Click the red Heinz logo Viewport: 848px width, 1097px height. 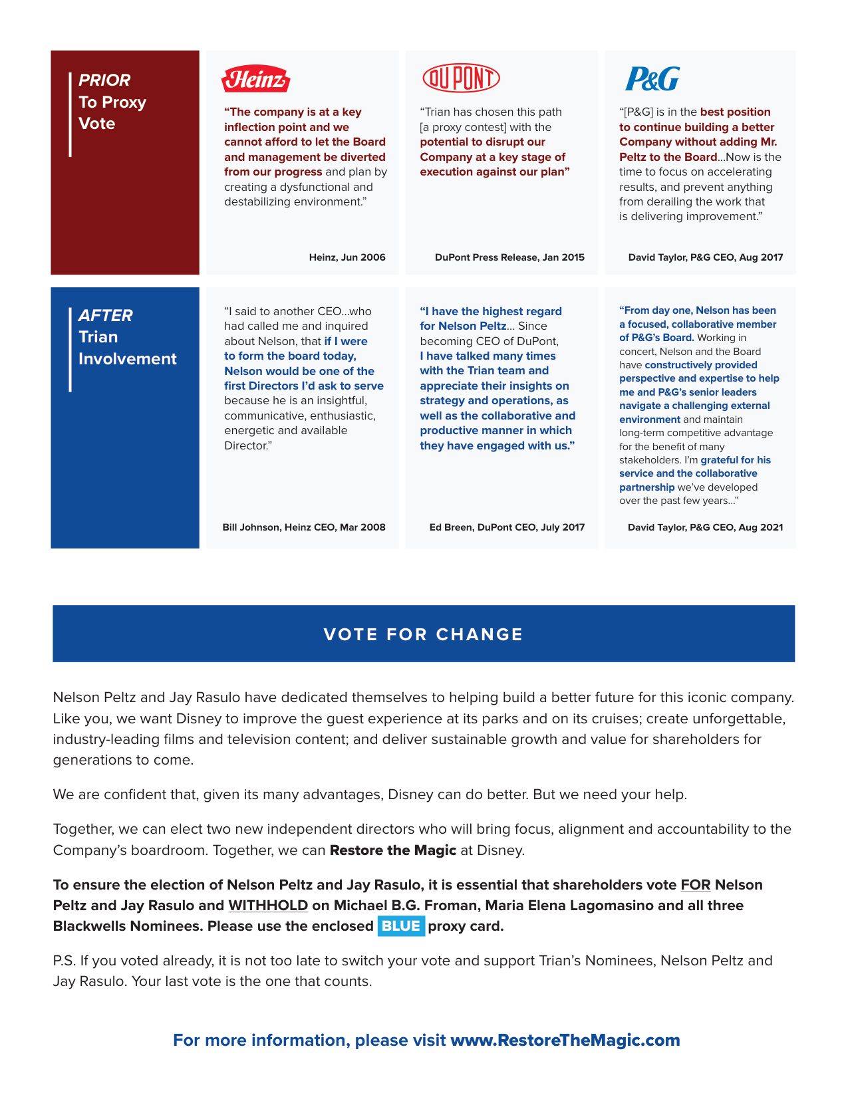pos(256,79)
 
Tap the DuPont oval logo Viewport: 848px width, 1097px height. pos(461,78)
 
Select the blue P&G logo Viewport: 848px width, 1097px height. pos(652,79)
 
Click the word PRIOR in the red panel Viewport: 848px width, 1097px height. pos(104,80)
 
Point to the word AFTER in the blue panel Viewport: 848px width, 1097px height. pos(106,316)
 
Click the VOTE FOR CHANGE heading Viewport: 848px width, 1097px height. pos(423,634)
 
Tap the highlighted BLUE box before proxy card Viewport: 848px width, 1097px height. pos(401,926)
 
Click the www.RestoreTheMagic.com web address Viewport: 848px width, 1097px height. pos(565,1040)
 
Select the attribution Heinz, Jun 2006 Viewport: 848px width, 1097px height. pos(347,257)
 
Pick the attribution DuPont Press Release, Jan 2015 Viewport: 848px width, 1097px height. pos(509,257)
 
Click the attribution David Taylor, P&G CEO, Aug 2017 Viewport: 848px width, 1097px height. pos(705,257)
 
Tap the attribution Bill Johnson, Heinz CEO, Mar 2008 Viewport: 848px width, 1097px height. pos(304,527)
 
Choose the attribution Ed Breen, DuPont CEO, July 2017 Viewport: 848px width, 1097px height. pos(507,527)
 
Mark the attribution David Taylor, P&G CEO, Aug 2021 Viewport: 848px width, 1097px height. pos(705,527)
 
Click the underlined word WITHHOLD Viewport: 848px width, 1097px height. pos(268,906)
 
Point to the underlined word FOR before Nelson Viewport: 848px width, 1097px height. pos(695,885)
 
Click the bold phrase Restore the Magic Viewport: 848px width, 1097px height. pos(392,850)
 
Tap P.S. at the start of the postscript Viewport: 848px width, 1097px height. pos(64,961)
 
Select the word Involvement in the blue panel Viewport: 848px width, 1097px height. pos(128,359)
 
